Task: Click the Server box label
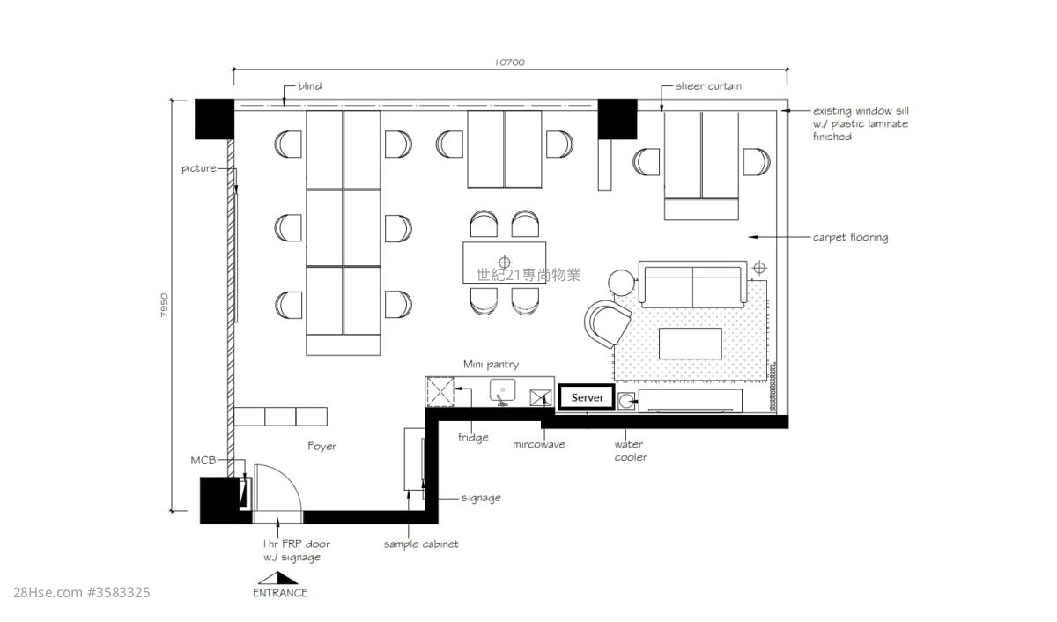pos(587,397)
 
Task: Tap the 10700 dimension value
pos(510,63)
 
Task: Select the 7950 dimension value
pos(164,306)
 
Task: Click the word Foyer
pos(322,447)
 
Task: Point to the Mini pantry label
pos(491,365)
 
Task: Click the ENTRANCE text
pos(280,593)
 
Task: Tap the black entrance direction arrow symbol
pos(278,578)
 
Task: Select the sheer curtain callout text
pos(708,85)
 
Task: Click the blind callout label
pos(310,85)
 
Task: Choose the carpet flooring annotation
pos(850,237)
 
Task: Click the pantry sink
pos(503,392)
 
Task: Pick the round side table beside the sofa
pos(622,283)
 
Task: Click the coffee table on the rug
pos(691,344)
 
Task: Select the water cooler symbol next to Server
pos(626,401)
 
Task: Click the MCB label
pos(203,461)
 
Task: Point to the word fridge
pos(473,438)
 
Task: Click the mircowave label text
pos(538,445)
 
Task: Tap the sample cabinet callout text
pos(421,544)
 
